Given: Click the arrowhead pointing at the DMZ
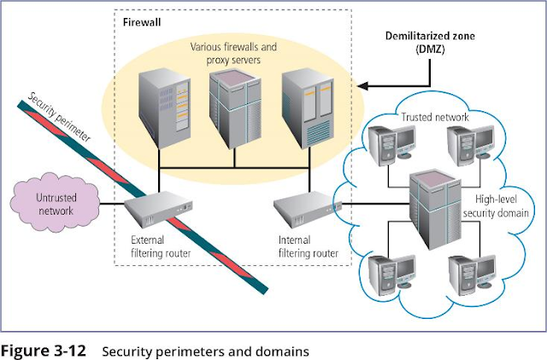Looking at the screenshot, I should click(362, 86).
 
